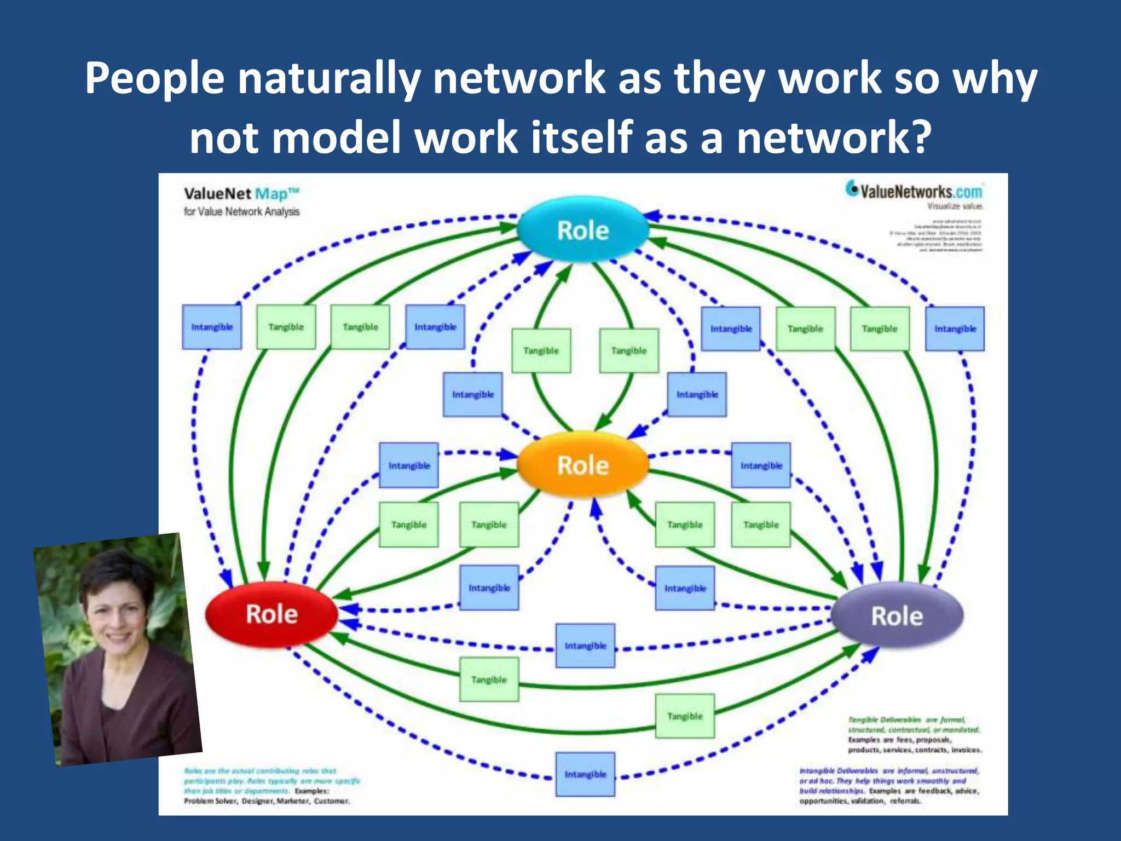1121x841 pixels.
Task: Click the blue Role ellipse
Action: pyautogui.click(x=583, y=230)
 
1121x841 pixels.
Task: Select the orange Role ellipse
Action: pyautogui.click(x=583, y=465)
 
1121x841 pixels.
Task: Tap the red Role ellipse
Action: pyautogui.click(x=271, y=614)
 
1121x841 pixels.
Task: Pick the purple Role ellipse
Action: pyautogui.click(x=897, y=616)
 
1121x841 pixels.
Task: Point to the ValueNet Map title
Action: pyautogui.click(x=241, y=194)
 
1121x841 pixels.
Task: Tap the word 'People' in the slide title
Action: pyautogui.click(x=154, y=78)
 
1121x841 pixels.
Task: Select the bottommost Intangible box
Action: pyautogui.click(x=585, y=774)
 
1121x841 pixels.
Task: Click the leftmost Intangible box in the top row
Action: pyautogui.click(x=212, y=327)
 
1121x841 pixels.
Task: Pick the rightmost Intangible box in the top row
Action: pyautogui.click(x=955, y=329)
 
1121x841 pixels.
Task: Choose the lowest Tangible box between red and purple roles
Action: pyautogui.click(x=685, y=716)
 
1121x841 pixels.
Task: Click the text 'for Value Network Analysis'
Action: pyautogui.click(x=241, y=212)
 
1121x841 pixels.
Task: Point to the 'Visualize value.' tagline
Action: pyautogui.click(x=955, y=206)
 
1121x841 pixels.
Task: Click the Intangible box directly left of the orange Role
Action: pyautogui.click(x=409, y=465)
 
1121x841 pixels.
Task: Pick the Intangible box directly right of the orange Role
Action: pyautogui.click(x=761, y=465)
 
